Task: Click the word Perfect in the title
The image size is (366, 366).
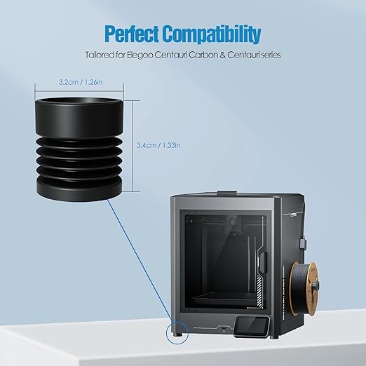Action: [x=132, y=34]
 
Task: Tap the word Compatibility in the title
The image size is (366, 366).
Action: [x=212, y=34]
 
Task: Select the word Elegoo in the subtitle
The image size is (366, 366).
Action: [x=140, y=55]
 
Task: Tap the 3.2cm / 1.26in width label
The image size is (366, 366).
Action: [x=81, y=82]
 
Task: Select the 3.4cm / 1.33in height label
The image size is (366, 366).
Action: [x=158, y=145]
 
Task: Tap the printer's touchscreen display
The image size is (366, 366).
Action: [x=252, y=326]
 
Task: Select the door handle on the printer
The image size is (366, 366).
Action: [x=263, y=262]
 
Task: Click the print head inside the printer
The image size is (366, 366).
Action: [x=233, y=225]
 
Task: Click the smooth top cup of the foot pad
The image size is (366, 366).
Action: [x=79, y=117]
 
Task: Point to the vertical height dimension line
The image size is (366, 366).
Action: [x=133, y=147]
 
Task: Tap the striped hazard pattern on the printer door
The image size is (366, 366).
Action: [x=259, y=290]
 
